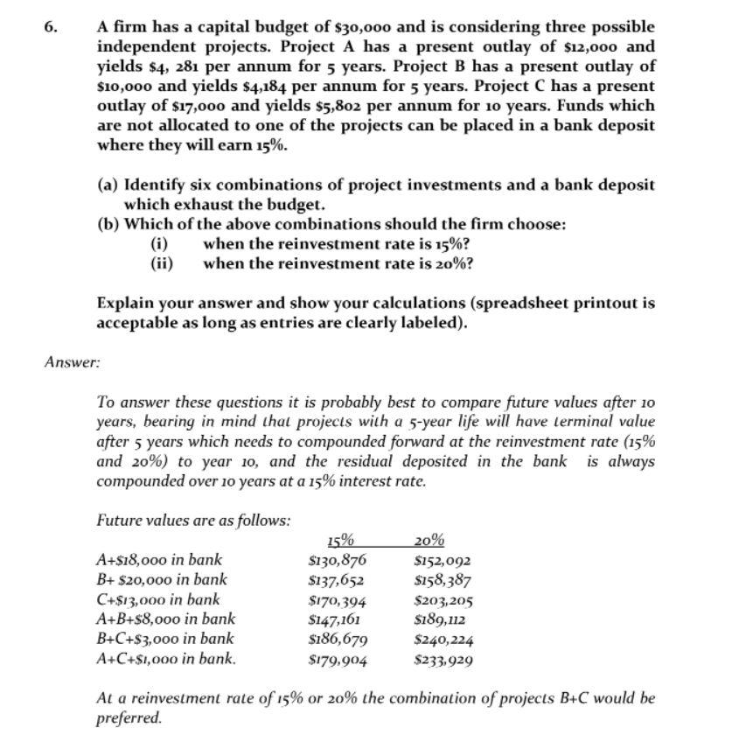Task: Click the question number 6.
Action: pyautogui.click(x=51, y=27)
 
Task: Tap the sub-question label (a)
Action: pyautogui.click(x=108, y=185)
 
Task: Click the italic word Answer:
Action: pyautogui.click(x=72, y=360)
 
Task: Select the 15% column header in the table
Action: pyautogui.click(x=338, y=541)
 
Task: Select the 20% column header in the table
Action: pyautogui.click(x=429, y=541)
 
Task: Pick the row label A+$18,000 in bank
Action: pyautogui.click(x=158, y=560)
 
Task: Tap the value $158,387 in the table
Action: pyautogui.click(x=443, y=580)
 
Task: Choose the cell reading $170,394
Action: pyautogui.click(x=337, y=600)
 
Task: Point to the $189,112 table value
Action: pyautogui.click(x=442, y=619)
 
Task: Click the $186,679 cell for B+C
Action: pyautogui.click(x=338, y=640)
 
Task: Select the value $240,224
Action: pyautogui.click(x=444, y=640)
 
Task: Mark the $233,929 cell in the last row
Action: pyautogui.click(x=443, y=660)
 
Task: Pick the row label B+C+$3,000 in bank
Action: pyautogui.click(x=164, y=639)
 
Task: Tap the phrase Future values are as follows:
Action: pyautogui.click(x=193, y=520)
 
